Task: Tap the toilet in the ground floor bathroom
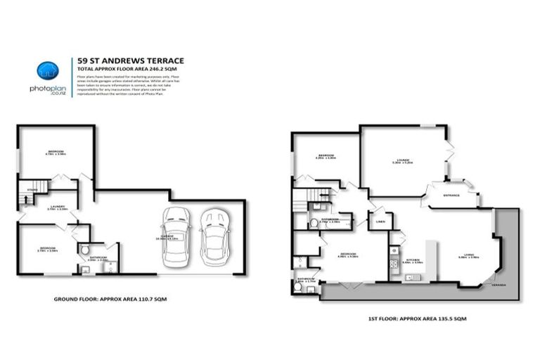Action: tap(84, 250)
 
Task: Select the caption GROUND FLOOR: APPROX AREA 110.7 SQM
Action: tap(110, 299)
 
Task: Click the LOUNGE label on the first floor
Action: tap(402, 160)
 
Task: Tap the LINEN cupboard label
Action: tap(380, 221)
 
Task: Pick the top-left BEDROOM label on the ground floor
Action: tap(56, 152)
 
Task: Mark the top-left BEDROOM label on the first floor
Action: tap(326, 155)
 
